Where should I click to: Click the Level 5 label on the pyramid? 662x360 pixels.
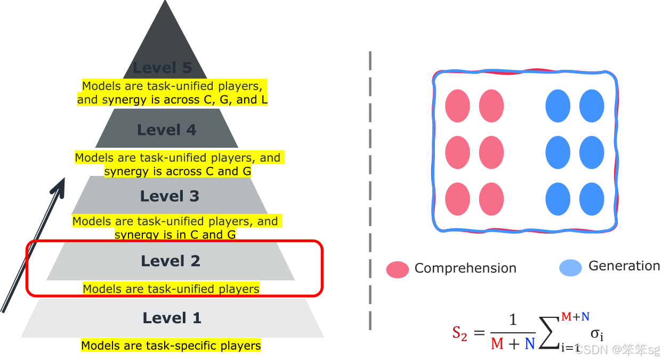[x=162, y=68]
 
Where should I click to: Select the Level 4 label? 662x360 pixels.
[x=167, y=130]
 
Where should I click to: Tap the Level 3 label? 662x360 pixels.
[x=169, y=196]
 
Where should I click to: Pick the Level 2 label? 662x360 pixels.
[x=171, y=261]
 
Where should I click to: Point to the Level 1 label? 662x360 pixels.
[x=172, y=318]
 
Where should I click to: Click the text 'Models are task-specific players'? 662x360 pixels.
[x=171, y=346]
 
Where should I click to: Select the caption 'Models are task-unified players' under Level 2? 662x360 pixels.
[x=171, y=289]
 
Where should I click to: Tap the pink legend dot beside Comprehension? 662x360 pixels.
[x=397, y=269]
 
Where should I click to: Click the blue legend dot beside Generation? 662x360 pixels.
[x=570, y=267]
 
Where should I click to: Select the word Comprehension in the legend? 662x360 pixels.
[x=465, y=268]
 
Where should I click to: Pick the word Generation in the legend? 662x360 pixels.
[x=624, y=266]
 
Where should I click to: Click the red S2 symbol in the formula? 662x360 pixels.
[x=459, y=334]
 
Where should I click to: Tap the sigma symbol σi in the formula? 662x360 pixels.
[x=596, y=334]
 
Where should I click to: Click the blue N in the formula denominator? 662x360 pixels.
[x=529, y=344]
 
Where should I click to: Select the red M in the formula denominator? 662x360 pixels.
[x=497, y=344]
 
